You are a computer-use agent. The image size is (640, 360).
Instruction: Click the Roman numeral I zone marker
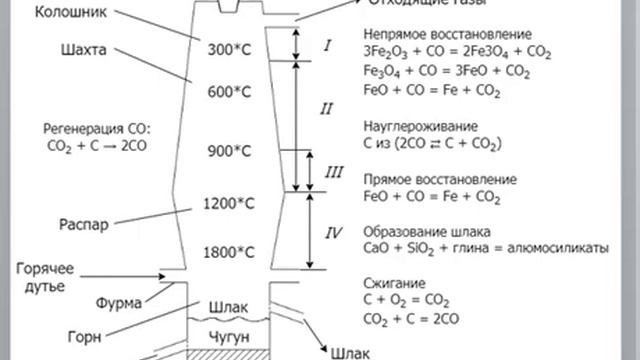click(328, 46)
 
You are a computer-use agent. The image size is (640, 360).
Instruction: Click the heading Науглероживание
click(419, 127)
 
